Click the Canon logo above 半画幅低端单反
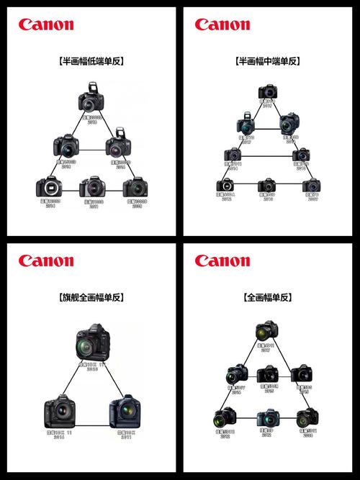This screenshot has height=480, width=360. (x=46, y=24)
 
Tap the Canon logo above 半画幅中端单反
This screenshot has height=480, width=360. (x=222, y=24)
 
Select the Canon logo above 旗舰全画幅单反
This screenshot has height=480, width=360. (x=46, y=261)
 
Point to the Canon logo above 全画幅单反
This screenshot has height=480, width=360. (x=222, y=261)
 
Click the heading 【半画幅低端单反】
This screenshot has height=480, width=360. (x=91, y=61)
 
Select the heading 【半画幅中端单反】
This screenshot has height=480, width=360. (x=268, y=61)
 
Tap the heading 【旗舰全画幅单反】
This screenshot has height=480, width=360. (x=91, y=296)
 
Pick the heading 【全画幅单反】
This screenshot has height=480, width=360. (x=268, y=296)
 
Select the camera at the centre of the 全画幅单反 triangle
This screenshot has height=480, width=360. (x=268, y=373)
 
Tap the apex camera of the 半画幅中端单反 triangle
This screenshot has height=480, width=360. (x=268, y=92)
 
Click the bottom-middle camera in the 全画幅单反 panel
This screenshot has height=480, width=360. (x=268, y=417)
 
